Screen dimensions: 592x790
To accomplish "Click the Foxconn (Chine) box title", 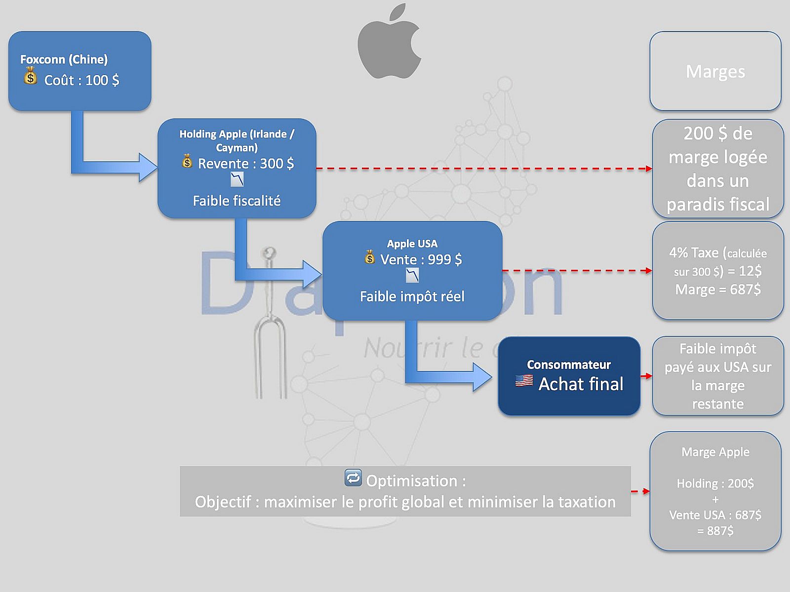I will point(64,59).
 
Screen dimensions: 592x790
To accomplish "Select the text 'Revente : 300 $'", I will point(246,163).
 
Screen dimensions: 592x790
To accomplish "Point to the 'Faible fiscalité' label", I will point(237,201).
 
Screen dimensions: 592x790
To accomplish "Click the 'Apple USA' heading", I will point(412,243).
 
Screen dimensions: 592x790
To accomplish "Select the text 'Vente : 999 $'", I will point(421,259).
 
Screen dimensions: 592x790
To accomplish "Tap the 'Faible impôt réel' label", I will point(412,296).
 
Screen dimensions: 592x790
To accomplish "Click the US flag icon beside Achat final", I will point(524,381).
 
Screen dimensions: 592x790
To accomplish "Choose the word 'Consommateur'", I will point(568,365).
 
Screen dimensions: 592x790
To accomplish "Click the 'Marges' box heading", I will point(715,72).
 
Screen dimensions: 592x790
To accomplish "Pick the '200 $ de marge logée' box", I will point(717,168).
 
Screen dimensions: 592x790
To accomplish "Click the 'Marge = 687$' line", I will point(717,289).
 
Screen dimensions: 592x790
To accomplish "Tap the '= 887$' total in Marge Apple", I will point(715,531).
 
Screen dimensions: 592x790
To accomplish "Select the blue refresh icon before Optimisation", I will point(353,478).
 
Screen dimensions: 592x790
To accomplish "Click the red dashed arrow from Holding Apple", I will point(484,169).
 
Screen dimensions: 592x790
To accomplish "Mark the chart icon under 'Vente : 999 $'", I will point(412,275).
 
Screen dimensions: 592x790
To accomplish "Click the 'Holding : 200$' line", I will point(715,483).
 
